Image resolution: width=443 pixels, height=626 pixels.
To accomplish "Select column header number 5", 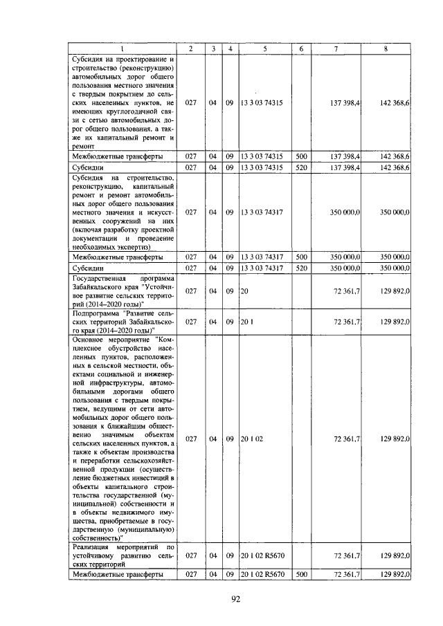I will pos(264,48).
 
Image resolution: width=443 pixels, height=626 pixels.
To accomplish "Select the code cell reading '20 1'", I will pos(246,322).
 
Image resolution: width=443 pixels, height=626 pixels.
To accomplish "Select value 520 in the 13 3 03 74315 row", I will pos(301,167).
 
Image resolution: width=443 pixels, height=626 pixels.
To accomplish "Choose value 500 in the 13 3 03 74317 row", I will pos(301,257).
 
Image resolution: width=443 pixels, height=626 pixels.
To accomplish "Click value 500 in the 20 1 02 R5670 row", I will pos(301,575).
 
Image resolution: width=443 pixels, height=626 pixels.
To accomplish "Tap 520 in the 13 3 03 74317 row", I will pos(301,268).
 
